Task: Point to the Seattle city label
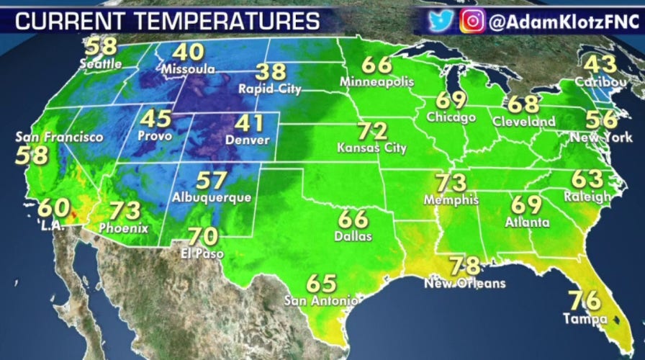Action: [101, 63]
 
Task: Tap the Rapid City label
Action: [271, 89]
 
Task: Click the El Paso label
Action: [202, 253]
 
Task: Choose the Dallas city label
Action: [353, 235]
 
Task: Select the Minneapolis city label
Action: [377, 81]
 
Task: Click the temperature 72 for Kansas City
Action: [371, 132]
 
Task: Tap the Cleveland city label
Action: [524, 122]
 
